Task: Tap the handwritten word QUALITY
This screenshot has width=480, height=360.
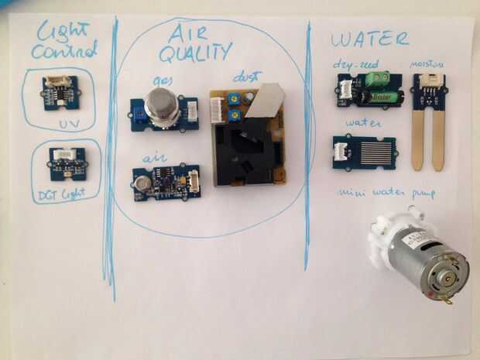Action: click(194, 53)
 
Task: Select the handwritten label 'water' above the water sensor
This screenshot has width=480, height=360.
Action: click(361, 123)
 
